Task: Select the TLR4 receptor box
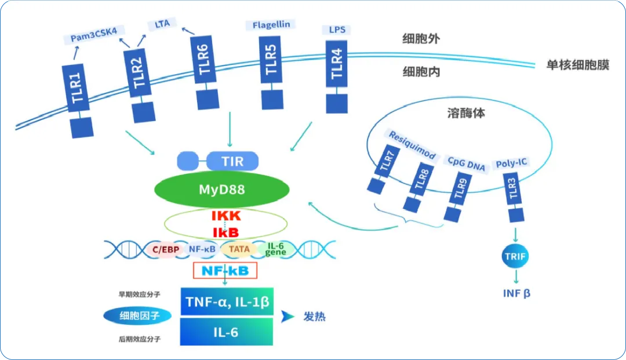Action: pyautogui.click(x=336, y=64)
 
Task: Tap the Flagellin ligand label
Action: pyautogui.click(x=271, y=24)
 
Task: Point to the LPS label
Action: pyautogui.click(x=336, y=28)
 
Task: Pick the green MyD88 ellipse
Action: pyautogui.click(x=221, y=190)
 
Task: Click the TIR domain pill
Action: pyautogui.click(x=232, y=161)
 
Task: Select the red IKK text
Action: pyautogui.click(x=225, y=216)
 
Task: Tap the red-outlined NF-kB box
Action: pyautogui.click(x=224, y=270)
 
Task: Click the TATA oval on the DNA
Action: pyautogui.click(x=239, y=249)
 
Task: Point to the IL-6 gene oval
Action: pyautogui.click(x=275, y=250)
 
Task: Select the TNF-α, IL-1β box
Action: pyautogui.click(x=227, y=301)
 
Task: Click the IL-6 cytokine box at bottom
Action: pyautogui.click(x=227, y=332)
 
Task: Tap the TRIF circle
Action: pyautogui.click(x=515, y=255)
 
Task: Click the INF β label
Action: pyautogui.click(x=516, y=293)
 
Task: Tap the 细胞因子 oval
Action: pyautogui.click(x=137, y=316)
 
